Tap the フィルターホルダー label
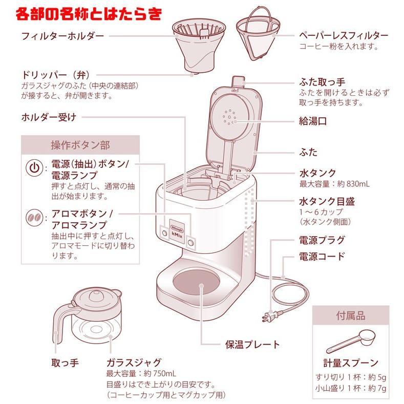click(62, 36)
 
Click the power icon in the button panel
click(33, 168)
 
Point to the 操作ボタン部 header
click(80, 144)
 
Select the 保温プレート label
click(253, 344)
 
